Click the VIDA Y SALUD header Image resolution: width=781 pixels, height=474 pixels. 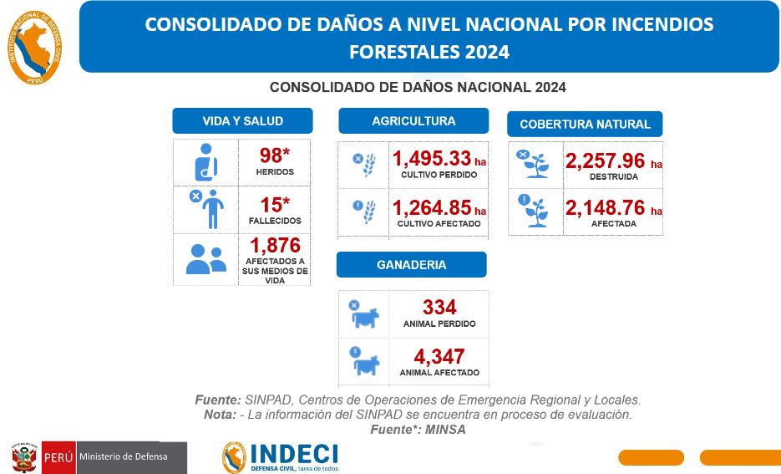pos(242,121)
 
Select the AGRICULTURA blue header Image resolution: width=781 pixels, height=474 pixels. pos(413,121)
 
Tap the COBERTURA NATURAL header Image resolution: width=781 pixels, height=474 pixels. pos(585,124)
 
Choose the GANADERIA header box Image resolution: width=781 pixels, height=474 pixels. pos(411,265)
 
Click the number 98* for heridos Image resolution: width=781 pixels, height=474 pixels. pos(274,155)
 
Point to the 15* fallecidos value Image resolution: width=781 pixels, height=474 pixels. pos(274,205)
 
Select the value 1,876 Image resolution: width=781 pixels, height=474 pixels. pos(275,245)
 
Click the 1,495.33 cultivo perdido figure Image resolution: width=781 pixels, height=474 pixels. pos(432,159)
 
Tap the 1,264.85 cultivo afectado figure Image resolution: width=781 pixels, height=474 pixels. pos(432,207)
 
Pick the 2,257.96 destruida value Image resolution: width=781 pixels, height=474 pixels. pos(606,161)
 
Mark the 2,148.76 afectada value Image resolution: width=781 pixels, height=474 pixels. pos(606,207)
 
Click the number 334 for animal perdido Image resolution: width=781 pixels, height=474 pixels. pos(439,308)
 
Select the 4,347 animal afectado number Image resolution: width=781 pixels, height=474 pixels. pos(439,357)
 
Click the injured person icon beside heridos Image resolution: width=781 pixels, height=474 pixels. pos(205,162)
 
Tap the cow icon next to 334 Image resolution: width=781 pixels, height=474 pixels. pos(364,315)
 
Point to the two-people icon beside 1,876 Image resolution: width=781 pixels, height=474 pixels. pos(205,259)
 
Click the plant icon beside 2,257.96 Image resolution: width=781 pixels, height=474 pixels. pos(535,164)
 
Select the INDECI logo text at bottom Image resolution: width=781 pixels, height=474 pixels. pos(293,454)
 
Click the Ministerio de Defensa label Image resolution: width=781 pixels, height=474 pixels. pos(123,456)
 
